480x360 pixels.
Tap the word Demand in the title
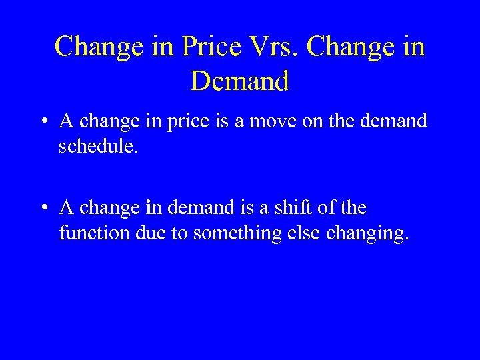[x=239, y=81]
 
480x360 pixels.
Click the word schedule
[x=98, y=146]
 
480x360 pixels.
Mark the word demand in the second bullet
[x=199, y=208]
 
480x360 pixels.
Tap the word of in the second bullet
[x=327, y=208]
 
